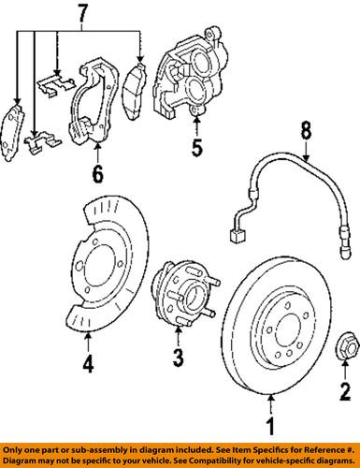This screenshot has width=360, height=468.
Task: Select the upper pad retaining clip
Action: pos(57,84)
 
